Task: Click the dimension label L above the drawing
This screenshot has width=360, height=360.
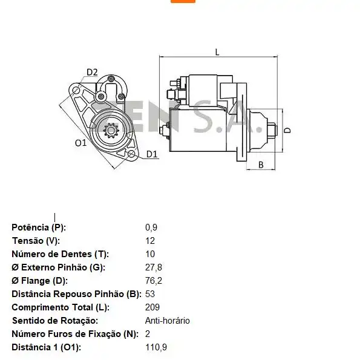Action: (x=217, y=52)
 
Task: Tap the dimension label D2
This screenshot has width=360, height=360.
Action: (x=91, y=72)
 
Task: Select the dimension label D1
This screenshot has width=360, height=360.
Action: (x=151, y=154)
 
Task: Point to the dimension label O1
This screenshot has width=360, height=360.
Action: (x=80, y=143)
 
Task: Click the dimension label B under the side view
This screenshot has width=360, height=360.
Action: (x=261, y=165)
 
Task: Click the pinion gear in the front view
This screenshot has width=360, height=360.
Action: (x=112, y=130)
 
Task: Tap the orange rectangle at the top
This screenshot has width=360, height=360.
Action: (x=183, y=1)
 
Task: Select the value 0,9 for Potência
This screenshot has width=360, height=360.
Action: (x=151, y=227)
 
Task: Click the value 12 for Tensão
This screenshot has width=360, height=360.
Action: (x=150, y=241)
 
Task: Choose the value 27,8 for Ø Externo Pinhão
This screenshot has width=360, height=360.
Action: (x=154, y=267)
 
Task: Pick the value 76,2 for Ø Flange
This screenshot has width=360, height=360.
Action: (x=154, y=281)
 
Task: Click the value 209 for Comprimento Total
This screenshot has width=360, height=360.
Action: (x=152, y=307)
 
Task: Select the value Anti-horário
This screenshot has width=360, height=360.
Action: (x=167, y=321)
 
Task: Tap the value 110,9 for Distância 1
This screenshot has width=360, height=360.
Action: (x=156, y=347)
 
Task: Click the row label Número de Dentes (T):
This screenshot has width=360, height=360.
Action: (x=60, y=254)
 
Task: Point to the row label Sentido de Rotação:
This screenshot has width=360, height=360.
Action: (x=54, y=321)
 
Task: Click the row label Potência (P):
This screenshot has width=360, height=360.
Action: (x=39, y=227)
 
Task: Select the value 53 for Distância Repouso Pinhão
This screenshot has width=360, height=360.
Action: (x=150, y=294)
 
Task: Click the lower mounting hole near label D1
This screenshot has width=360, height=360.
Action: (x=131, y=154)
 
